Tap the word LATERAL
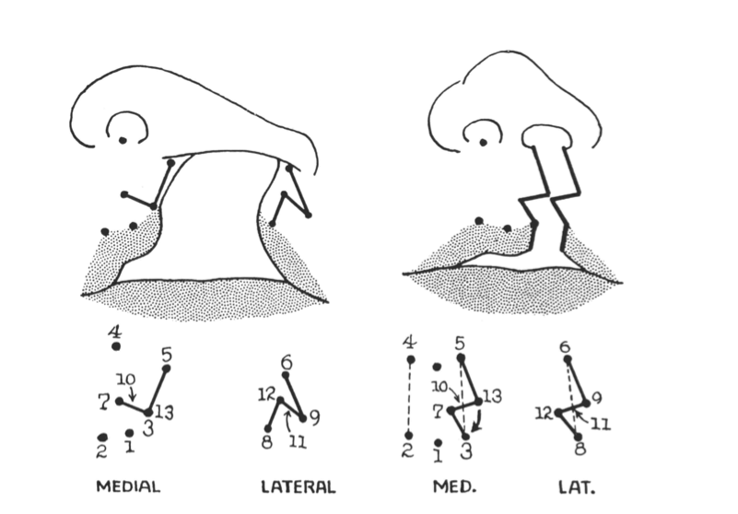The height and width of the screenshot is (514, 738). tap(297, 485)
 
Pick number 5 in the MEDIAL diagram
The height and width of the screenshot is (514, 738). tap(166, 354)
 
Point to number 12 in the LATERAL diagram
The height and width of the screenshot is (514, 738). tap(268, 396)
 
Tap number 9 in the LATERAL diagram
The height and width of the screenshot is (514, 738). tap(314, 417)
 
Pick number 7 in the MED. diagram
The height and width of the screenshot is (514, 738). tap(437, 407)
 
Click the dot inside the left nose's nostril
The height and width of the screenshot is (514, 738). tap(123, 140)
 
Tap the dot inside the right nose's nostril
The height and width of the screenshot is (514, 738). tap(480, 141)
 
